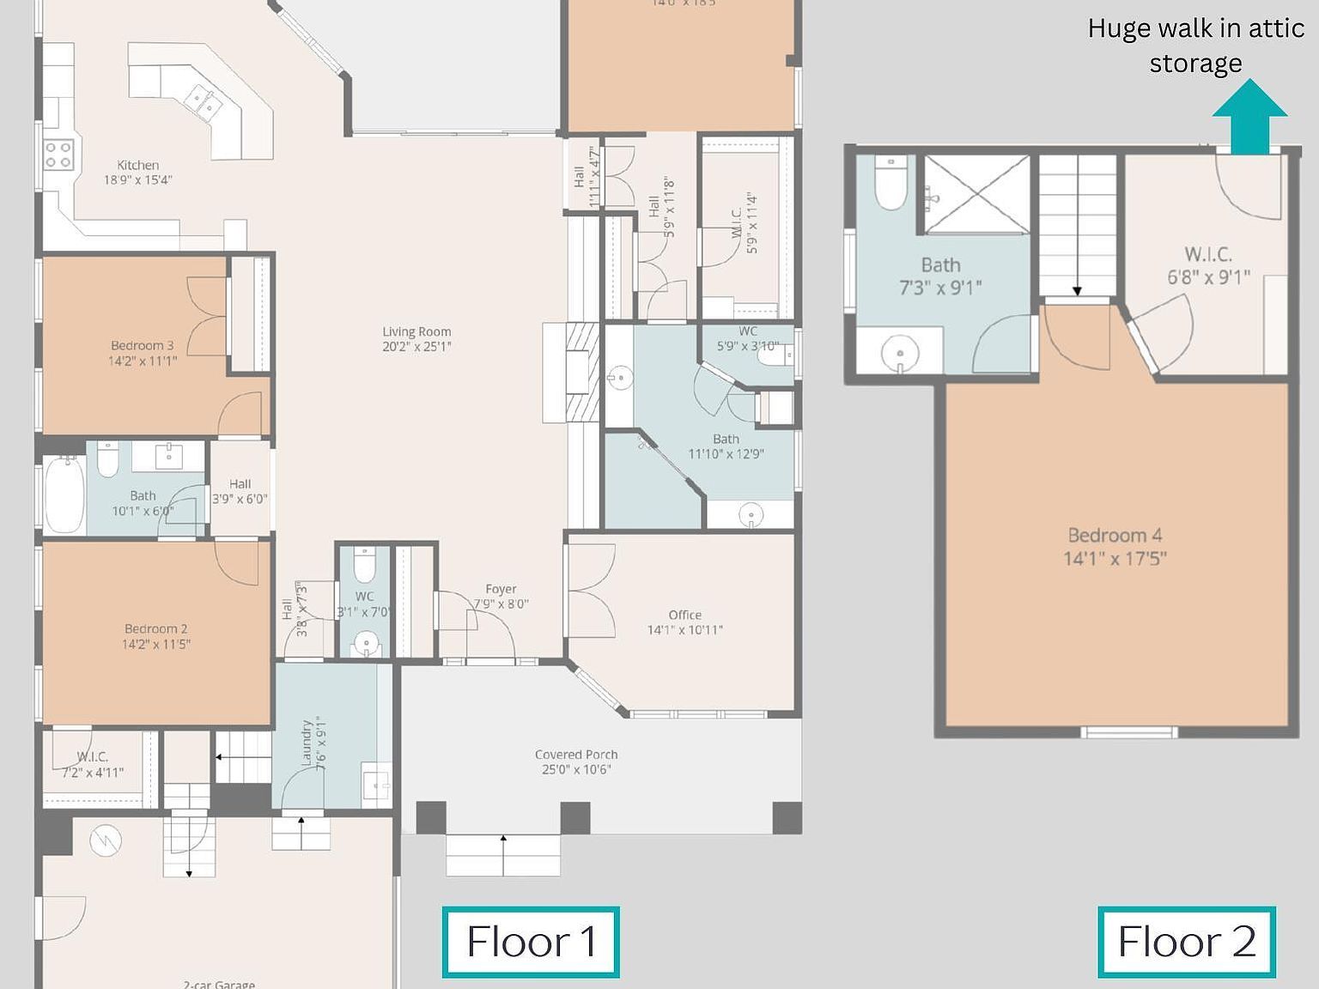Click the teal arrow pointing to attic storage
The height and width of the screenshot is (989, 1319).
(1249, 117)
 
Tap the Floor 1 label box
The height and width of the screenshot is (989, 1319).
(531, 942)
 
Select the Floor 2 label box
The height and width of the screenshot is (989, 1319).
(1187, 942)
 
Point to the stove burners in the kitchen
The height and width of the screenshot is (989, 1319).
(58, 155)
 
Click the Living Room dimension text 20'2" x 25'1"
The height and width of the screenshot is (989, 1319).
(416, 347)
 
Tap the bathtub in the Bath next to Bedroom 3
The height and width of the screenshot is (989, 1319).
(64, 494)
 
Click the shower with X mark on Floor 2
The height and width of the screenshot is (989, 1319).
(976, 194)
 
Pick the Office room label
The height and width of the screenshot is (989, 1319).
(684, 615)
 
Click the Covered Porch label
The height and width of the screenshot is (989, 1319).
(576, 755)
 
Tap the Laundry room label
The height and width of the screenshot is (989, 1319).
(307, 744)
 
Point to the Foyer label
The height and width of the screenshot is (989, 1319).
(501, 589)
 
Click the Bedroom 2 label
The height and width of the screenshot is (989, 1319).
(155, 628)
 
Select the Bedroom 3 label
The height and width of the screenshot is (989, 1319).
(142, 345)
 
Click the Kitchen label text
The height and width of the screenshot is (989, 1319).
(137, 165)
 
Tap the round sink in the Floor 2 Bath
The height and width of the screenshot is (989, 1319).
(900, 353)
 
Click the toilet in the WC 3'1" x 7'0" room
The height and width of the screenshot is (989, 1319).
(365, 564)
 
